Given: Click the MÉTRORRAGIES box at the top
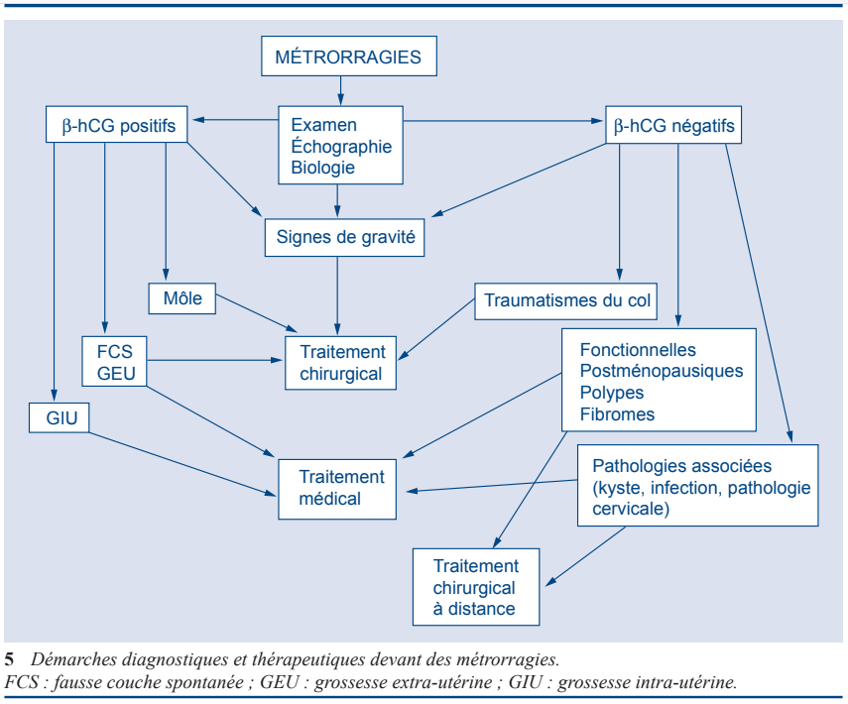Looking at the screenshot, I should (348, 57).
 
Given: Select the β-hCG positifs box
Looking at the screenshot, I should (118, 126).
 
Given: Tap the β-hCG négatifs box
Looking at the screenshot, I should (674, 126).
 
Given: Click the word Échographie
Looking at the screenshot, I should (341, 147).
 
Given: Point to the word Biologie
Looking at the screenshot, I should (322, 168).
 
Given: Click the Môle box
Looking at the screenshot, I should (182, 298).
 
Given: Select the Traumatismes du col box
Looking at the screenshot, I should (567, 300).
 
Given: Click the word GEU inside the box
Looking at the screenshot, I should (116, 373).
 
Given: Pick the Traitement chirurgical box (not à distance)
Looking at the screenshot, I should (341, 363).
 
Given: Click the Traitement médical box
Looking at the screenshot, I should (341, 488).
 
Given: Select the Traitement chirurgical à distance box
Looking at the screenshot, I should (476, 587).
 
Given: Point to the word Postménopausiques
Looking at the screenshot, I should (661, 371).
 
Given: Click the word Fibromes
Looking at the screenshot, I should (617, 414).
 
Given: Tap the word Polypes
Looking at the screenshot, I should (612, 393).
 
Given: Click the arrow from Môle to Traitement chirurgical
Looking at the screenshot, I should (256, 315).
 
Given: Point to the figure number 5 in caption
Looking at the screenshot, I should (9, 659).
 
